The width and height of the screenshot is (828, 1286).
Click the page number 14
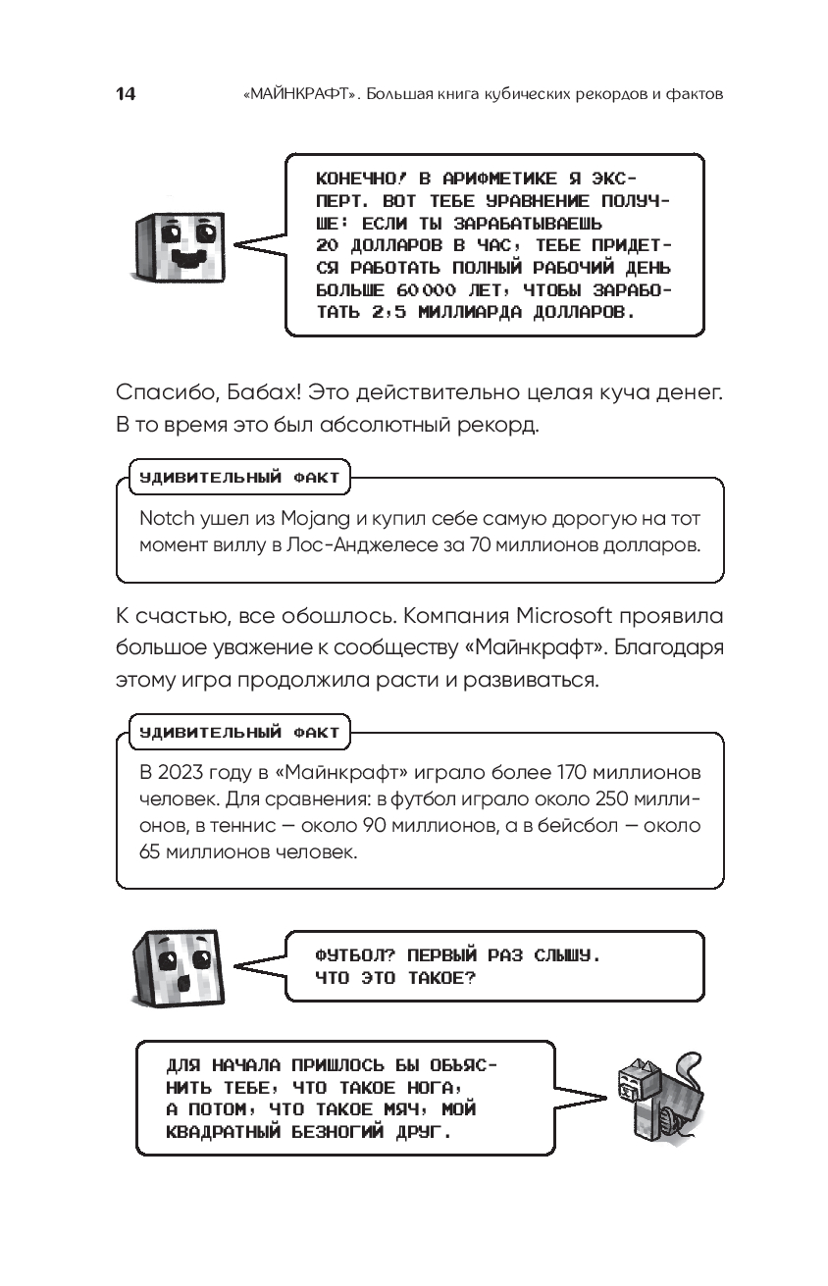[125, 94]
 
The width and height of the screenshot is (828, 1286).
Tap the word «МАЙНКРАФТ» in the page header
[300, 95]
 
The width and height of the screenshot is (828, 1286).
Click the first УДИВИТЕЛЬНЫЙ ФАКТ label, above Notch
[239, 478]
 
